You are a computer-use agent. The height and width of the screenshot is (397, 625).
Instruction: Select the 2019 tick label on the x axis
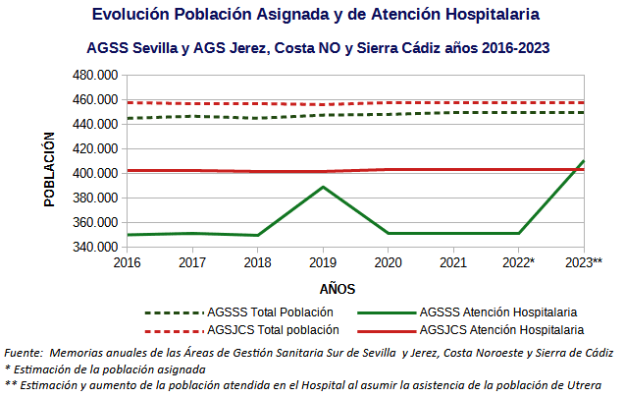point(322,263)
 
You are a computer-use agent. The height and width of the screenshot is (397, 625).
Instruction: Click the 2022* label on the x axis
point(518,263)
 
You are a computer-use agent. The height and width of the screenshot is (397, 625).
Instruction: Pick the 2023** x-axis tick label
point(584,263)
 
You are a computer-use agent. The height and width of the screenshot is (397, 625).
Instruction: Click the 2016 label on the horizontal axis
point(126,263)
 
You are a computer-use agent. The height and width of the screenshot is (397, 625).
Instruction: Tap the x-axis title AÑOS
point(337,289)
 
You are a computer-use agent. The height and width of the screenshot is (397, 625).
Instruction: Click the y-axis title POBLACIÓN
point(49,169)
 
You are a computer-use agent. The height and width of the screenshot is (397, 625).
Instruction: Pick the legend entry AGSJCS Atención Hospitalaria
point(501,330)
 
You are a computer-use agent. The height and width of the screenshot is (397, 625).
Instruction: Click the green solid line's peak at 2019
point(322,187)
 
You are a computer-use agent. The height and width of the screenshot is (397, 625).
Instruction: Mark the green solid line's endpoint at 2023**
point(584,161)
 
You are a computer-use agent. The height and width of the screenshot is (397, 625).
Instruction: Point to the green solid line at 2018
point(257,235)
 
